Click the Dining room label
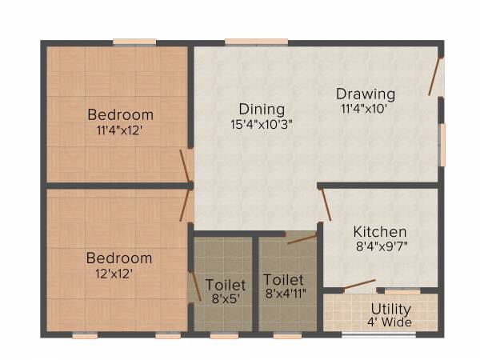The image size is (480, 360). tap(262, 109)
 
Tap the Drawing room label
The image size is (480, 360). tap(365, 94)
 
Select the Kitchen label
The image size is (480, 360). tap(380, 231)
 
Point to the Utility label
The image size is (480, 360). tap(391, 309)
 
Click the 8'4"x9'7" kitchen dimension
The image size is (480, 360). tap(381, 246)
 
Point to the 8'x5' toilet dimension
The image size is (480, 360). tap(226, 299)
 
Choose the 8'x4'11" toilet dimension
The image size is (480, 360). tap(284, 295)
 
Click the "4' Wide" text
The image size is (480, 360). tap(391, 322)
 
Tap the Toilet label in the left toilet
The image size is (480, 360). tap(226, 285)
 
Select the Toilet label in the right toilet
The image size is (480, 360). tap(284, 281)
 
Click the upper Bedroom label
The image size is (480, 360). tap(121, 114)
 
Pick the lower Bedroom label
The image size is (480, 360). tap(119, 258)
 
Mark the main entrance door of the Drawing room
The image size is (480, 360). tap(436, 76)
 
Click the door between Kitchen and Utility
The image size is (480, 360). tap(360, 284)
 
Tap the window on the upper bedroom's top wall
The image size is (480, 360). tap(134, 42)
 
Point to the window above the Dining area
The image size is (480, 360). tap(256, 42)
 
